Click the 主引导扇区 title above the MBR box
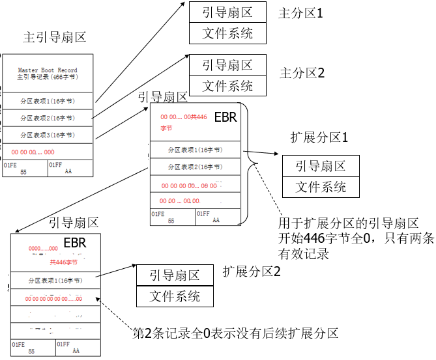click(55, 37)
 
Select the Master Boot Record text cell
click(48, 74)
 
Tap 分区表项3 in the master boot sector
click(48, 135)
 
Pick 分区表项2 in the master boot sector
click(48, 118)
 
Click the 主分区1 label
click(300, 12)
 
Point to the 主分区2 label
click(302, 72)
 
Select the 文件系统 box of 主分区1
click(227, 33)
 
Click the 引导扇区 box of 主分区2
click(227, 65)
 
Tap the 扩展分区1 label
click(319, 138)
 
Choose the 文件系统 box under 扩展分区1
click(321, 187)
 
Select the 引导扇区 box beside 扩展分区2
click(175, 275)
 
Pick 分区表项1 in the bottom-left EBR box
click(55, 281)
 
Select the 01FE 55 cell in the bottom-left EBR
click(33, 348)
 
